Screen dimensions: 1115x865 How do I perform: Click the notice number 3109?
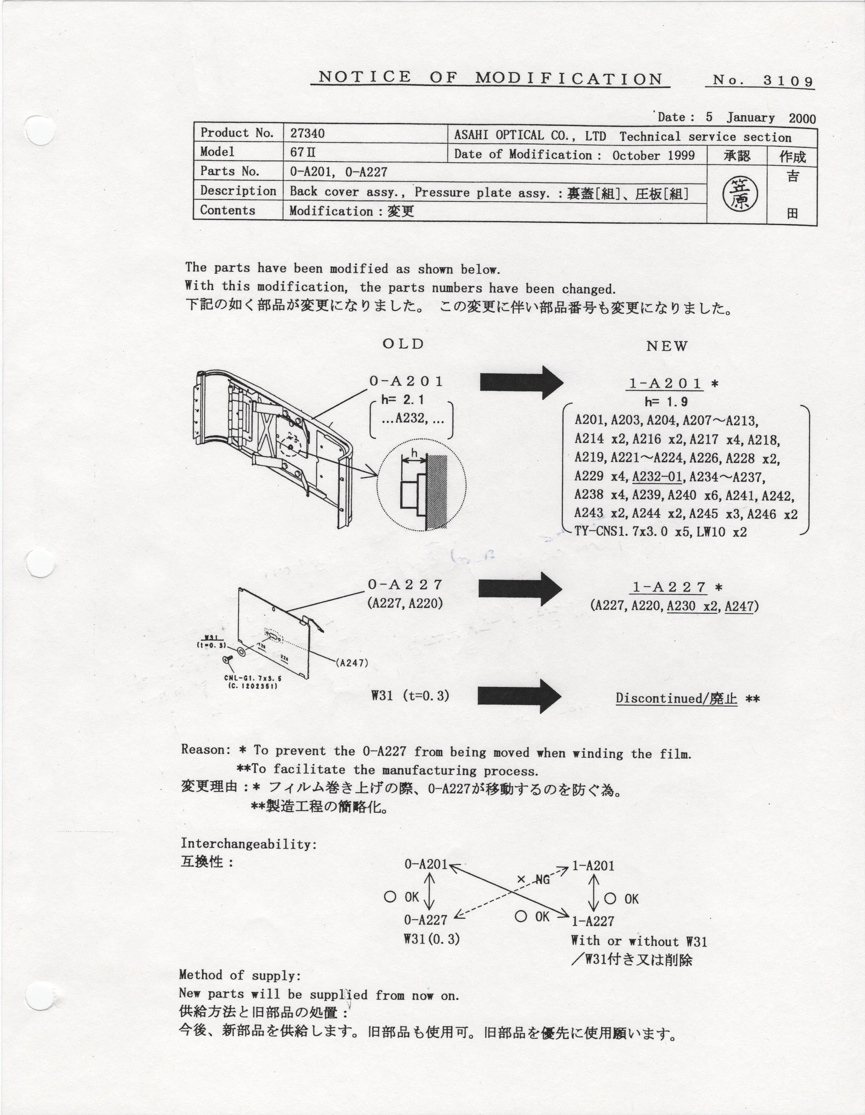pos(788,81)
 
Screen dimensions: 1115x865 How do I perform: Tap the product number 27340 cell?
pos(307,133)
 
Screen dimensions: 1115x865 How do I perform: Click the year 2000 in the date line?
pos(802,118)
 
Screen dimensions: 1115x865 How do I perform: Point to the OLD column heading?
pos(403,344)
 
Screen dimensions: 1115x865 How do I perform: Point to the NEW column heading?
pos(667,346)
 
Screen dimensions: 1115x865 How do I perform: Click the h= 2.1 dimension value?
pos(403,400)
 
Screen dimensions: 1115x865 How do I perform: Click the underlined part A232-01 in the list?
pos(657,477)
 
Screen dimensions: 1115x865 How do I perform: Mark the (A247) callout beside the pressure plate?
pos(352,663)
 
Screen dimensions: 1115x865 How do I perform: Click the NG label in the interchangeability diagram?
pos(542,880)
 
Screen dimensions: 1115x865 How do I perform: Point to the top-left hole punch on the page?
pos(40,130)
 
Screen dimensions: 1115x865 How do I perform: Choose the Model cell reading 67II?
pos(303,152)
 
